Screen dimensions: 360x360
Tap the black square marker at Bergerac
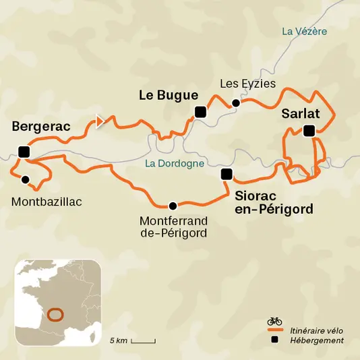click(x=24, y=151)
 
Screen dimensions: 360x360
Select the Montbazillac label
click(x=42, y=201)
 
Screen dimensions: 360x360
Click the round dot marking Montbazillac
click(x=25, y=179)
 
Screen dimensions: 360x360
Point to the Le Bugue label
click(x=168, y=95)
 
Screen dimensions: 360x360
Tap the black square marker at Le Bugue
click(x=200, y=112)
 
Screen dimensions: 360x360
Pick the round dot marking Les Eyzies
click(x=235, y=103)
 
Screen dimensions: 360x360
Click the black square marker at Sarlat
click(x=309, y=131)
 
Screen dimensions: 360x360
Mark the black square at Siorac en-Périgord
click(x=227, y=175)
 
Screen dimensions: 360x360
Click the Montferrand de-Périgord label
click(x=173, y=227)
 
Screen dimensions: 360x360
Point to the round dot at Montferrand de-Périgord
click(x=173, y=206)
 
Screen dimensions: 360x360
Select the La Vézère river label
click(x=305, y=31)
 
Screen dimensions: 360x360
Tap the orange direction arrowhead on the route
click(x=100, y=121)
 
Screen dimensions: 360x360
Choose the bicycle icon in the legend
click(x=274, y=321)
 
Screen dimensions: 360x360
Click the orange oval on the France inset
click(x=55, y=313)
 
